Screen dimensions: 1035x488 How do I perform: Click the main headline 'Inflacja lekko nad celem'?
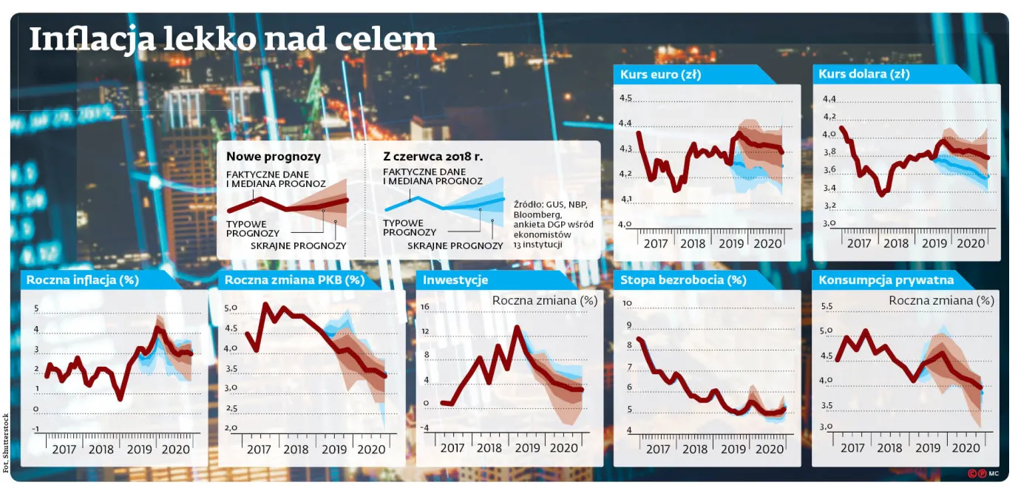click(232, 39)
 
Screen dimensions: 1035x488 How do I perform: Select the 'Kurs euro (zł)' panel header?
click(660, 75)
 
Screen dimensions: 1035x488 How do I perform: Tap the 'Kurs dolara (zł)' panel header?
click(864, 74)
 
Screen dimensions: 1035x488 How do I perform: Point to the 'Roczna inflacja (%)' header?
click(82, 280)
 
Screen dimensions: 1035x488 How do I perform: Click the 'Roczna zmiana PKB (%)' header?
click(294, 280)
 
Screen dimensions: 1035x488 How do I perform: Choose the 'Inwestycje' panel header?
click(455, 280)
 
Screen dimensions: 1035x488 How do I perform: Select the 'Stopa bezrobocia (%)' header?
click(683, 280)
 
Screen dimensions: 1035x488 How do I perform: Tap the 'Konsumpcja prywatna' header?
click(886, 280)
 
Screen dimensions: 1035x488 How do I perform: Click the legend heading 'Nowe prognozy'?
click(273, 157)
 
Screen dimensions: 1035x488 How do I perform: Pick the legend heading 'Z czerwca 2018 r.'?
click(433, 157)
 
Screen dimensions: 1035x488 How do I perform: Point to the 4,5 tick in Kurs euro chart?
click(625, 98)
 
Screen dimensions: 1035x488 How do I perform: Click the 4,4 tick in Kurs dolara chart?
click(829, 99)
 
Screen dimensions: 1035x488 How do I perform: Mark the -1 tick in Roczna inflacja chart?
click(35, 430)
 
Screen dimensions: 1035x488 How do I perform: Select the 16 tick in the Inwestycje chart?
click(424, 306)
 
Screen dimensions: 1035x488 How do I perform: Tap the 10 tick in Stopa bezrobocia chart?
click(627, 303)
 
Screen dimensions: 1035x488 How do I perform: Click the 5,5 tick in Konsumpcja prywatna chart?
click(827, 306)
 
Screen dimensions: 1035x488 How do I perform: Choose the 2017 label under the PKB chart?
click(259, 450)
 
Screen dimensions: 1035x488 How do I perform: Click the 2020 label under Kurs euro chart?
click(767, 243)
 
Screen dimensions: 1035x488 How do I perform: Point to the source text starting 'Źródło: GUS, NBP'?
click(553, 225)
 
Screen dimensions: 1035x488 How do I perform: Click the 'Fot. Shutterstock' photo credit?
click(6, 443)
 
